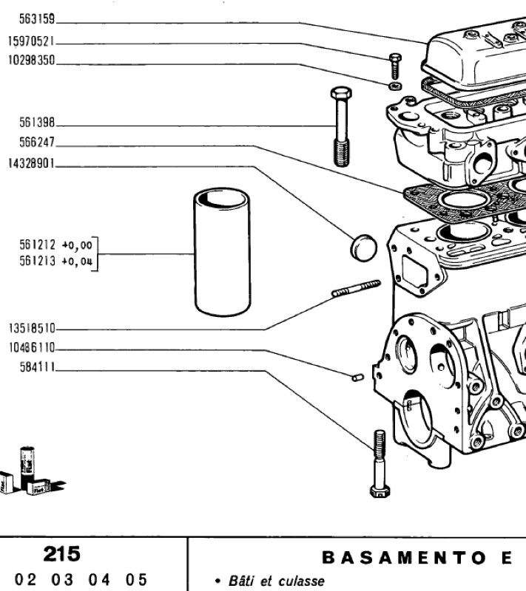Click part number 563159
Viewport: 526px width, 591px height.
tap(37, 19)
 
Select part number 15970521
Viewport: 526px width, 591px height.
tap(31, 41)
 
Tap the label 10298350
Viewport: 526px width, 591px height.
tap(31, 61)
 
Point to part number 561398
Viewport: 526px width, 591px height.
tap(37, 123)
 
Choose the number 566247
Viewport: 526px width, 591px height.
tap(37, 143)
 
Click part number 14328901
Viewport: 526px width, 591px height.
tap(31, 163)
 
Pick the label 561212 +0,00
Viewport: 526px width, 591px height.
tap(55, 245)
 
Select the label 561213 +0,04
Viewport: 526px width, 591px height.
tap(55, 261)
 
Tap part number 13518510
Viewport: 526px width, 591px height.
tap(32, 328)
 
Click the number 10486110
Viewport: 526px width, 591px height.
tap(32, 347)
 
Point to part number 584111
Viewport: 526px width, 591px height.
tap(37, 366)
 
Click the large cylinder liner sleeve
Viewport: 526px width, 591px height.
tap(222, 252)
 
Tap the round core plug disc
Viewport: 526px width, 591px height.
tap(364, 247)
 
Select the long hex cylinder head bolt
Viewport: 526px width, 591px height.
tap(342, 126)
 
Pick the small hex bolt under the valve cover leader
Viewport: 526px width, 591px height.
tap(395, 66)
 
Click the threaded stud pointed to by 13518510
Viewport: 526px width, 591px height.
tap(356, 288)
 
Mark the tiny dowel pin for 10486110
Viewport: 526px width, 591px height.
tap(358, 377)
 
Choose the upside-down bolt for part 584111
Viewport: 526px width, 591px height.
tap(380, 464)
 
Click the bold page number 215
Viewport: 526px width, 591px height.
tap(62, 553)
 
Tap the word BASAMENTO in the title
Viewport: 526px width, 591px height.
tap(404, 558)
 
